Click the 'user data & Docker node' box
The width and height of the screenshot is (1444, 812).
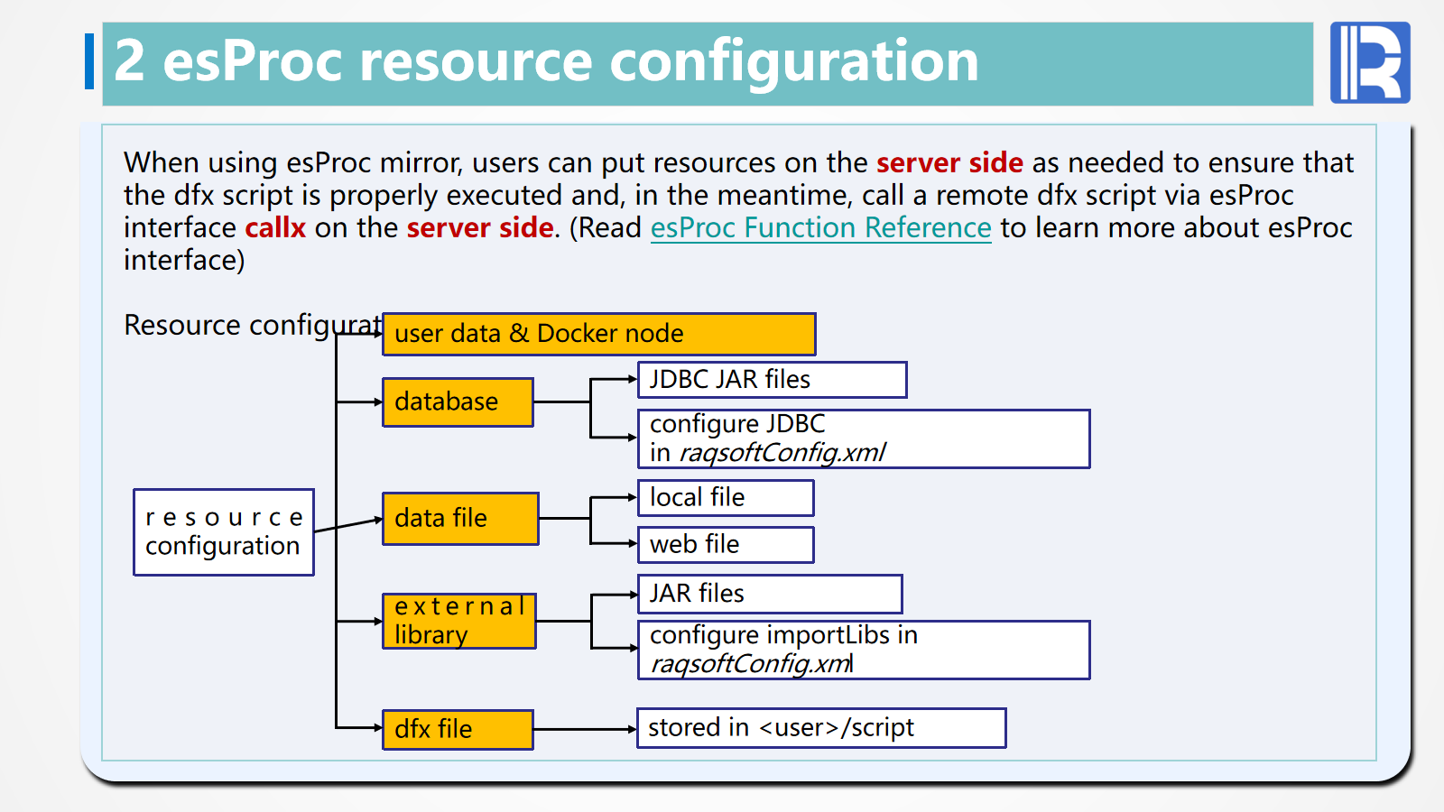coord(599,334)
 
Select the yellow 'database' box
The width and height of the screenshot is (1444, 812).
coord(458,402)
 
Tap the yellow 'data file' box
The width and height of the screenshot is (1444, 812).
coord(460,519)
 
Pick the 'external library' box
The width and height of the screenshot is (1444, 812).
coord(459,621)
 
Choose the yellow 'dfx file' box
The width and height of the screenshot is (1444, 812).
coord(458,730)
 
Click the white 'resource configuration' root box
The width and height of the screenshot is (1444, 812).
coord(224,532)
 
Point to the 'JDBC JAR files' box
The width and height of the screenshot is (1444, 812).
coord(773,380)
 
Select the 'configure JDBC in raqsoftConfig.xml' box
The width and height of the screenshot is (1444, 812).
coord(864,438)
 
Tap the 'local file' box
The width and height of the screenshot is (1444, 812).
coord(726,497)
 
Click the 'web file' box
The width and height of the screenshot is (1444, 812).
coord(726,545)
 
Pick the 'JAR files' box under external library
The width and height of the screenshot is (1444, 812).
coord(770,594)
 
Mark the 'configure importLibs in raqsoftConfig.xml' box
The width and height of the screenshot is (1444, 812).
coord(864,650)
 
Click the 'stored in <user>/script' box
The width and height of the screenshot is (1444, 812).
coord(821,728)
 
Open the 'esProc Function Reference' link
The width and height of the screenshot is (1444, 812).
coord(820,228)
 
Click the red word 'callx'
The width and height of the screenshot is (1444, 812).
coord(275,228)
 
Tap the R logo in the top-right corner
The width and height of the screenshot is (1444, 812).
coord(1370,62)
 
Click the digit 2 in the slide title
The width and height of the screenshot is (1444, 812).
coord(129,60)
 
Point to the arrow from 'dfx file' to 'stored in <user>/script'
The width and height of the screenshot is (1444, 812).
coord(586,730)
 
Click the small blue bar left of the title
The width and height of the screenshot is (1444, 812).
coord(89,61)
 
